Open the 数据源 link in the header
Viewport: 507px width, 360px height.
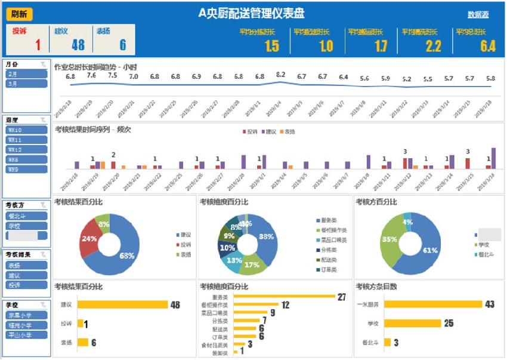tap(478, 14)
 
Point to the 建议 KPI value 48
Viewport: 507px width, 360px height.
tap(78, 45)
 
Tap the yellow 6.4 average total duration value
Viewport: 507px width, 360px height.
tap(487, 46)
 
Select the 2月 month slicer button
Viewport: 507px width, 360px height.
tap(26, 74)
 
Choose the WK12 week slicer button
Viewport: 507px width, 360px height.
tap(26, 149)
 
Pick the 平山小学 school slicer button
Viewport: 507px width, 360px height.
tap(26, 335)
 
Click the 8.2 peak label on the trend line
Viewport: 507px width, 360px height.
tap(280, 75)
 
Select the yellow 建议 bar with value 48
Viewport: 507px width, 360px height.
tap(123, 304)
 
